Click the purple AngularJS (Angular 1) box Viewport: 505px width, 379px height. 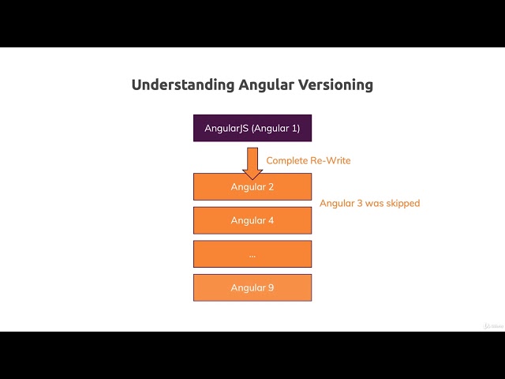pyautogui.click(x=252, y=128)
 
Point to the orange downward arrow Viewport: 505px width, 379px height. pyautogui.click(x=252, y=163)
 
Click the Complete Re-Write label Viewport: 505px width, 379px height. pyautogui.click(x=309, y=160)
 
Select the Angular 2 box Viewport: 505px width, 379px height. pyautogui.click(x=252, y=186)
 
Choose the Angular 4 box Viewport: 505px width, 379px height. pyautogui.click(x=252, y=220)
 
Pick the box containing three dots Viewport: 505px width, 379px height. pyautogui.click(x=252, y=254)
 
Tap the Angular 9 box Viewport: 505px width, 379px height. pyautogui.click(x=252, y=287)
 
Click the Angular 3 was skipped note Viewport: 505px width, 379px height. pyautogui.click(x=369, y=203)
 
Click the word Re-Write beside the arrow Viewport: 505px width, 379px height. pyautogui.click(x=331, y=160)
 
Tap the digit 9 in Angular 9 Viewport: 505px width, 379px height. pyautogui.click(x=271, y=287)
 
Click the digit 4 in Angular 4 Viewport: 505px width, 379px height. pyautogui.click(x=271, y=220)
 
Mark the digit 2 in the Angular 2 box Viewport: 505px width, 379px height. pyautogui.click(x=271, y=186)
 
